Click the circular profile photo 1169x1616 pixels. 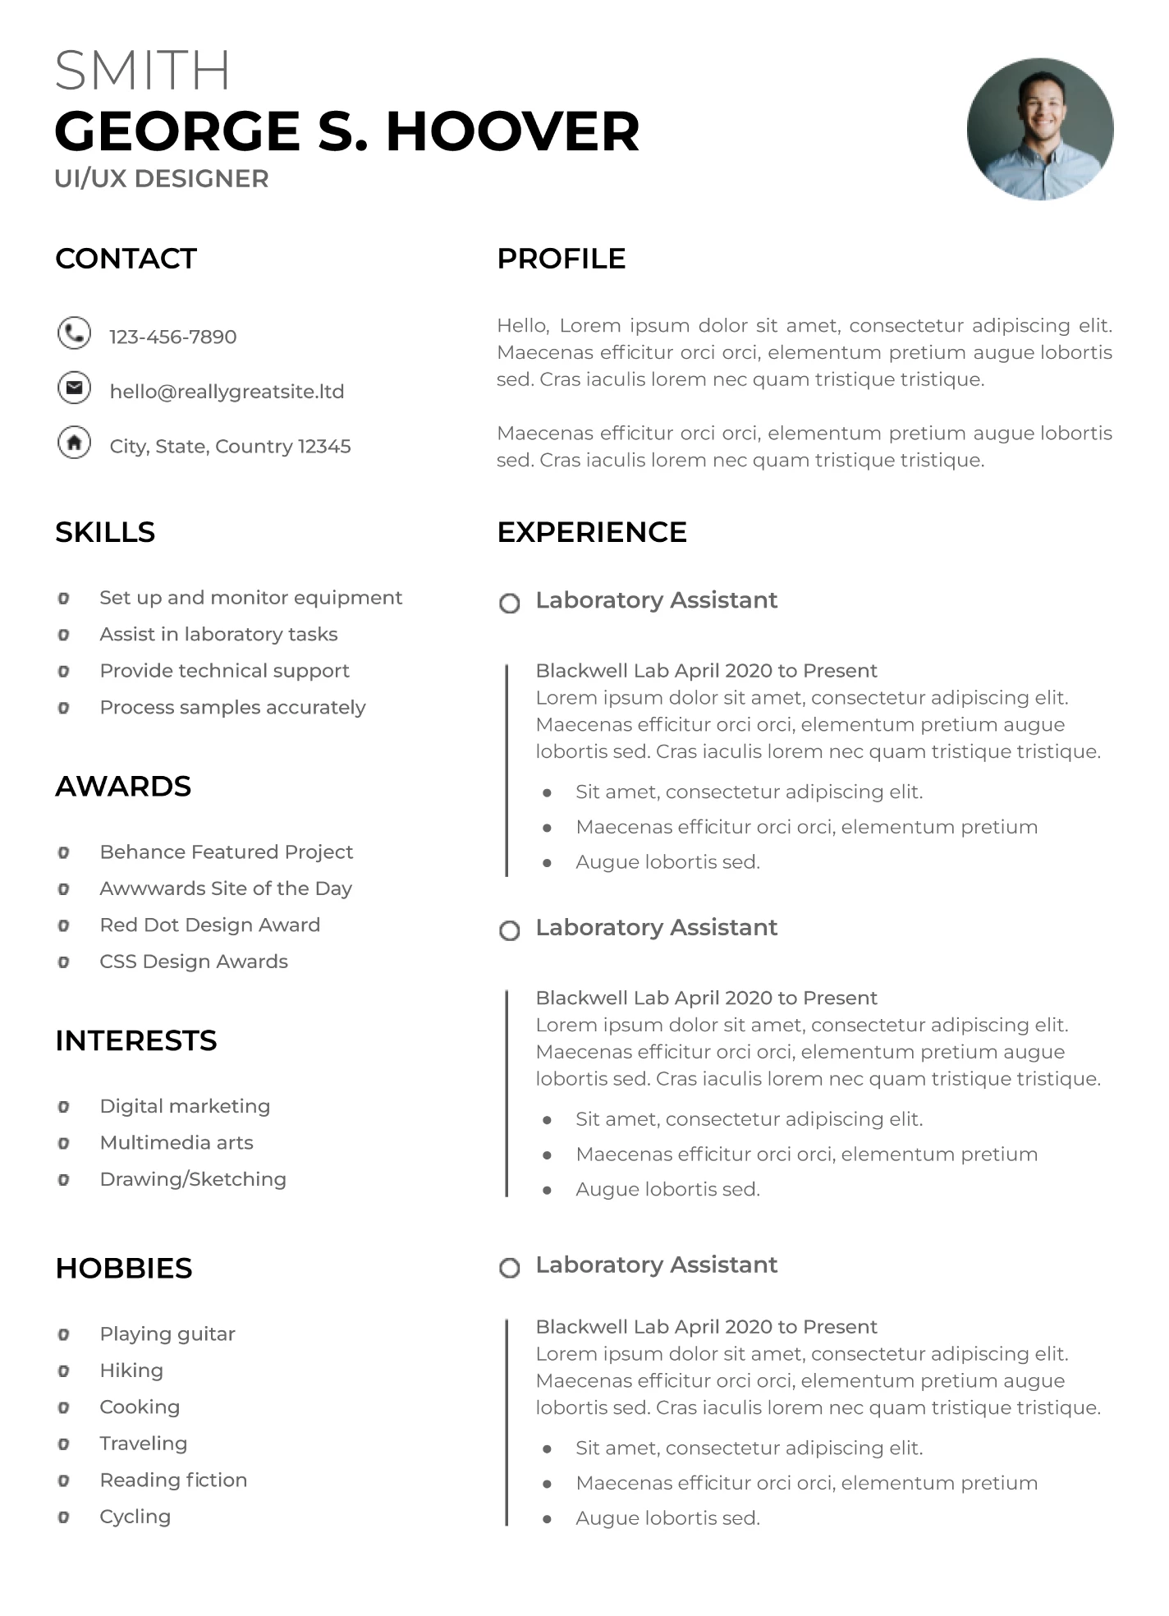[1039, 129]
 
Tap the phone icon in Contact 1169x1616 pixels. [74, 333]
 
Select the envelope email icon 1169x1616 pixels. [74, 388]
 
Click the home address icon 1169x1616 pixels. [74, 443]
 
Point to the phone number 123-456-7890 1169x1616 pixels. [172, 337]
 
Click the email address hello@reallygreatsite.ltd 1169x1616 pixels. [227, 392]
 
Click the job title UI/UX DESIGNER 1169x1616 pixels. [162, 178]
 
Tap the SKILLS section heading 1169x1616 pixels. [105, 532]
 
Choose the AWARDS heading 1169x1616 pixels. [123, 787]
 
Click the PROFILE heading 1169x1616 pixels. [562, 259]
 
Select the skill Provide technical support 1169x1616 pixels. [224, 671]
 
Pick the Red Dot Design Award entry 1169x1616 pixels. [209, 925]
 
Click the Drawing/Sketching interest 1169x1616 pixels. [193, 1179]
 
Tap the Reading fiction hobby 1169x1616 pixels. [173, 1480]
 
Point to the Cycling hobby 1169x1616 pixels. [135, 1517]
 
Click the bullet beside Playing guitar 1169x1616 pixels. [63, 1334]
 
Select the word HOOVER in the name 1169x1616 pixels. [512, 131]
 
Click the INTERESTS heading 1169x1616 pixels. [136, 1041]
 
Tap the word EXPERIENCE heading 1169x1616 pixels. [592, 532]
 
